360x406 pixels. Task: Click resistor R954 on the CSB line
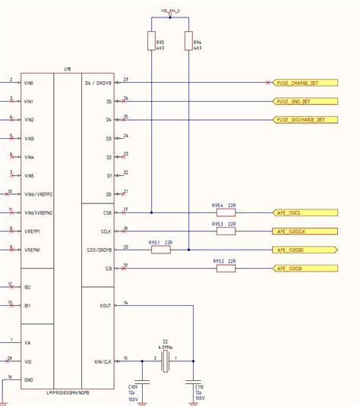tap(226, 212)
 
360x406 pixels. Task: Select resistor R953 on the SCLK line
tap(226, 231)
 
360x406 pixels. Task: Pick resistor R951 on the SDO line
tap(162, 250)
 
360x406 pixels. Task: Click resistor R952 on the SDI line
tap(226, 268)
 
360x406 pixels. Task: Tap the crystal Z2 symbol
tap(165, 360)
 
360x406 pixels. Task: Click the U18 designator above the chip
tap(67, 69)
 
